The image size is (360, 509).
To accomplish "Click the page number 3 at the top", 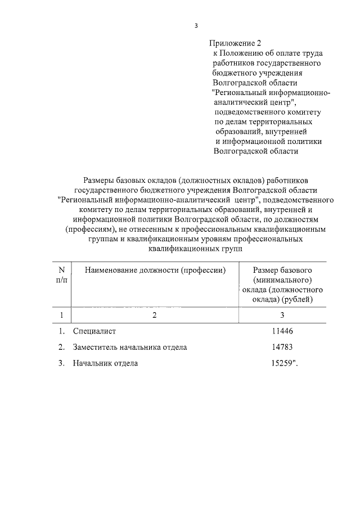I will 196,25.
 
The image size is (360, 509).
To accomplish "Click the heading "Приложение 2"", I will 236,43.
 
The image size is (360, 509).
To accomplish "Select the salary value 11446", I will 282,331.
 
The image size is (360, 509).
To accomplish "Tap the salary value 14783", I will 282,347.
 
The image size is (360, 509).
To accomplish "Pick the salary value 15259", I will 282,363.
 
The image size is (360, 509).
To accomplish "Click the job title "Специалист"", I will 94,331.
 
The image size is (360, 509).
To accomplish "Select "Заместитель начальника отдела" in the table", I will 129,347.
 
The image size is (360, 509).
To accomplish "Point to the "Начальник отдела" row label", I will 105,363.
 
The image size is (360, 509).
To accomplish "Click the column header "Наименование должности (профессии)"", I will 155,271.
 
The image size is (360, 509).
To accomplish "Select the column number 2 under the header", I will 154,315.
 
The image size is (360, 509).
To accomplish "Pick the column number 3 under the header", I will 282,315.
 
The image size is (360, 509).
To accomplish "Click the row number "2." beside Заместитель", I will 61,347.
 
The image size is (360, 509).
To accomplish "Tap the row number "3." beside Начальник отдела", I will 61,363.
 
